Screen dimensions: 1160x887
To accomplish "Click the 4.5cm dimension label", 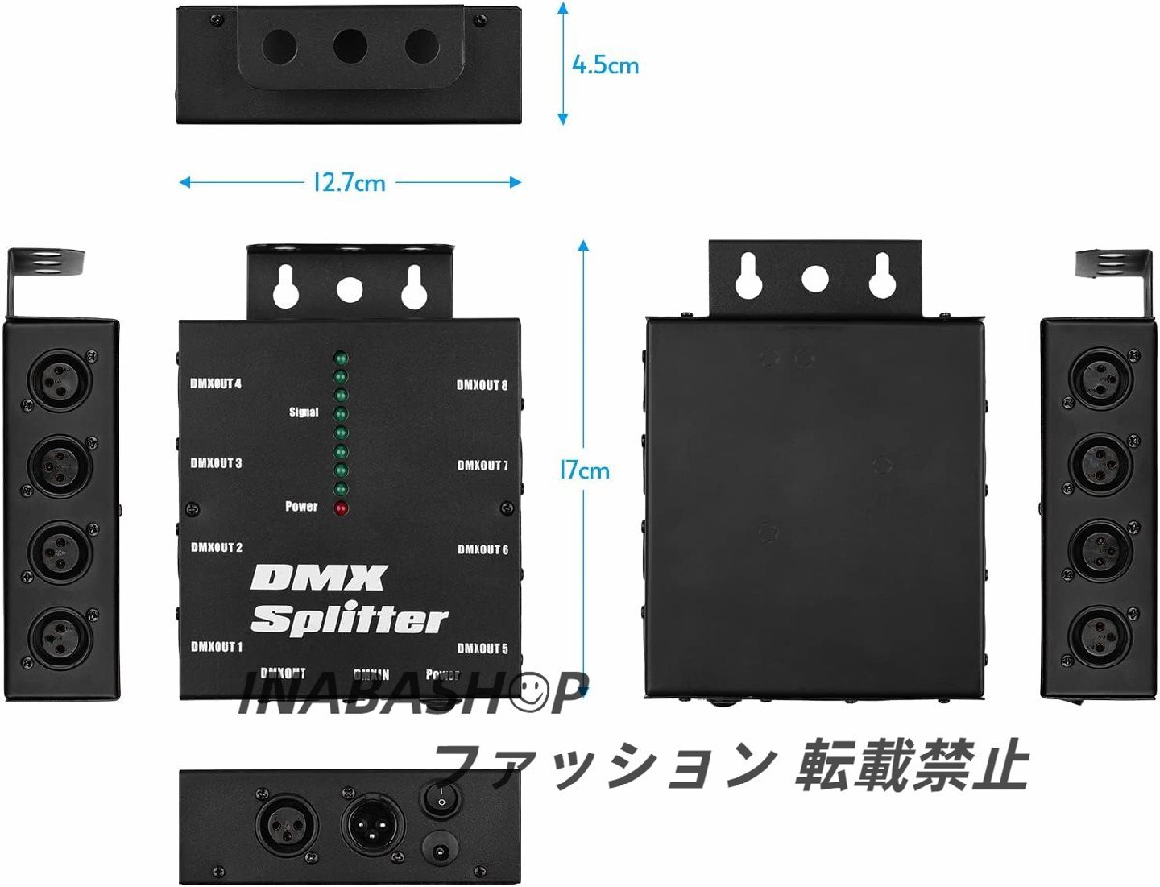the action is tap(605, 66).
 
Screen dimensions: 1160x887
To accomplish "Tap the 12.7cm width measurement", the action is tap(349, 182).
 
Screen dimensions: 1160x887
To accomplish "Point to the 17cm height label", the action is tap(584, 471).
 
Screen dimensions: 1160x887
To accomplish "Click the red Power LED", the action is tap(340, 508).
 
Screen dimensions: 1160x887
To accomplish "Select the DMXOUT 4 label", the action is tap(216, 383).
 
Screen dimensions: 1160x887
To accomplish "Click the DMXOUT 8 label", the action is tap(482, 385).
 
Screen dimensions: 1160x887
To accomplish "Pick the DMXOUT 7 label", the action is tap(482, 466).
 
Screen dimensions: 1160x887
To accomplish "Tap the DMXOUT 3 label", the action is tap(216, 463).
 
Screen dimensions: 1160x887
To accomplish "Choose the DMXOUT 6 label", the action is tap(482, 549).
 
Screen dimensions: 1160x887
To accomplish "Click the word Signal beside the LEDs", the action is tap(303, 413).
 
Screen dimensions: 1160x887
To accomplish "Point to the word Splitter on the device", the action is tap(349, 619).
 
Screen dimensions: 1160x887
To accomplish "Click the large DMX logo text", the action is tap(318, 581).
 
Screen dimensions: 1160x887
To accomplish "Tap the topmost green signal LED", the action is tap(340, 355).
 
